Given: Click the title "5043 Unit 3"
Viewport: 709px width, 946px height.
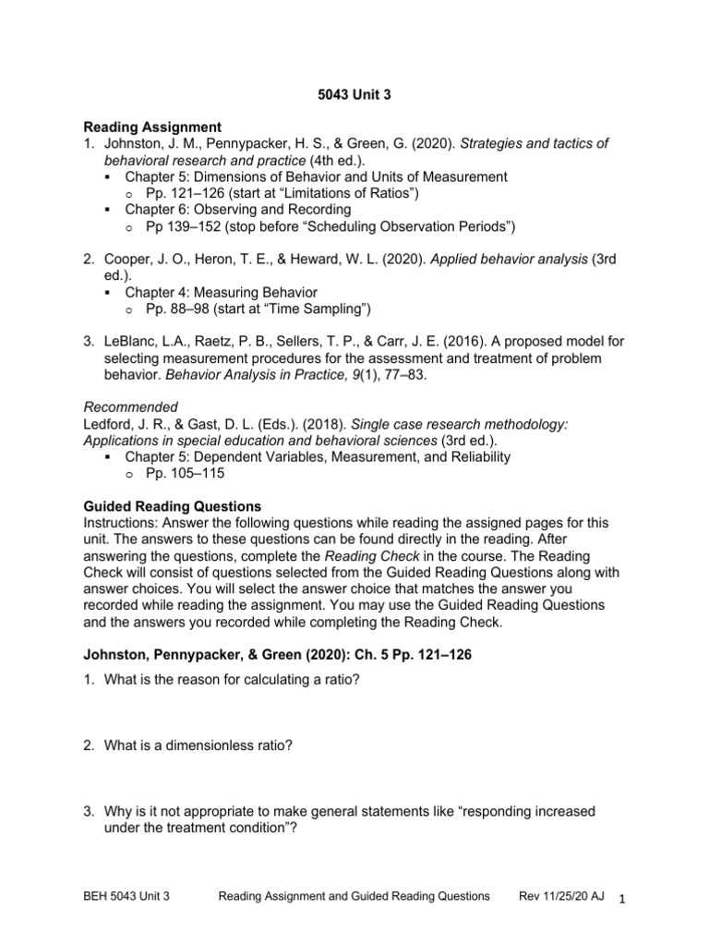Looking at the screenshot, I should pos(354,93).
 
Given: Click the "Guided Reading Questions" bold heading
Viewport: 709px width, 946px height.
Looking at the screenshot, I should pos(173,506).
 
